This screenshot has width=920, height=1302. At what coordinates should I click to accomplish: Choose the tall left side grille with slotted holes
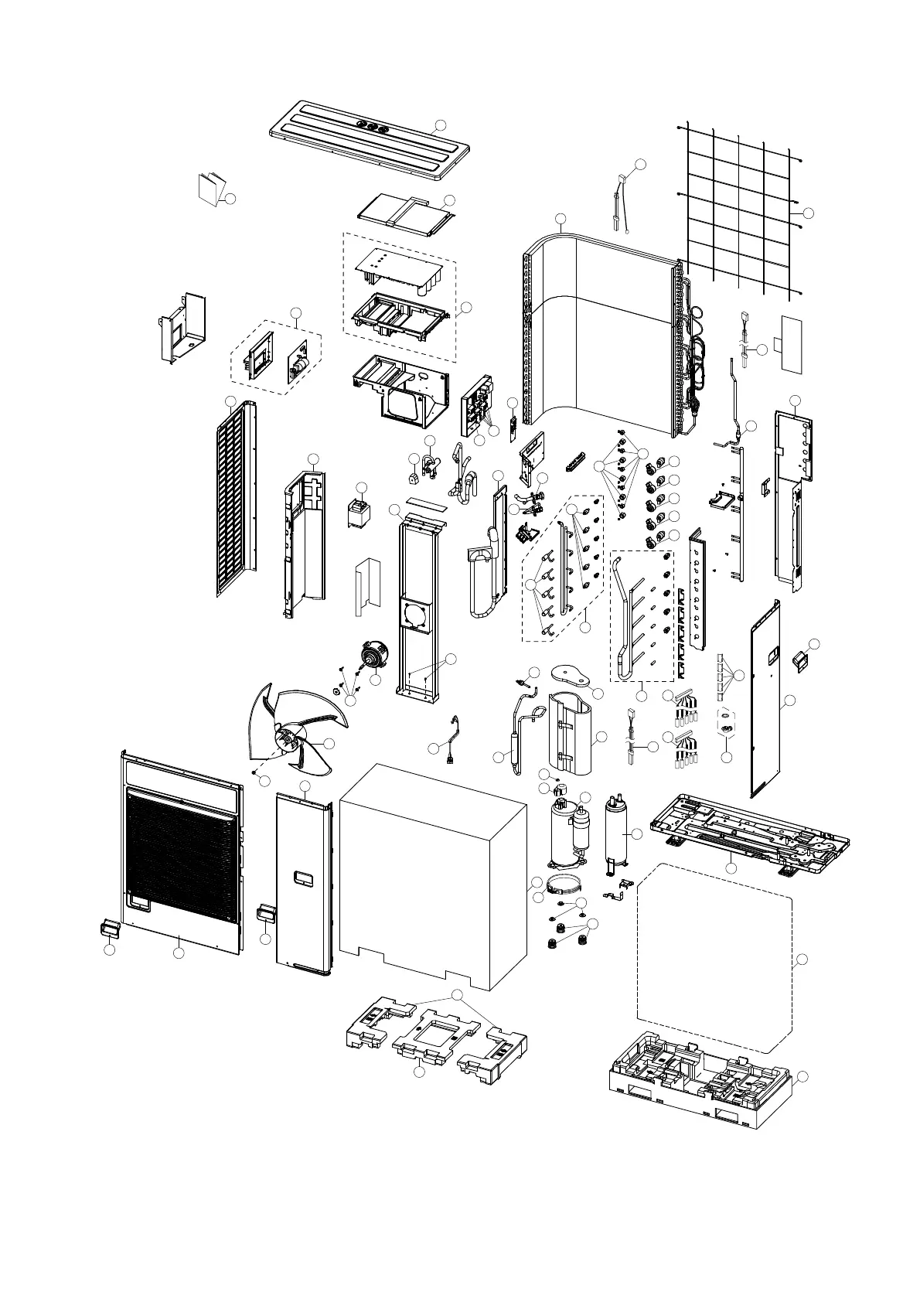click(x=236, y=499)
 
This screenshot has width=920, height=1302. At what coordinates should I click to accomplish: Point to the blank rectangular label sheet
click(x=792, y=342)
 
